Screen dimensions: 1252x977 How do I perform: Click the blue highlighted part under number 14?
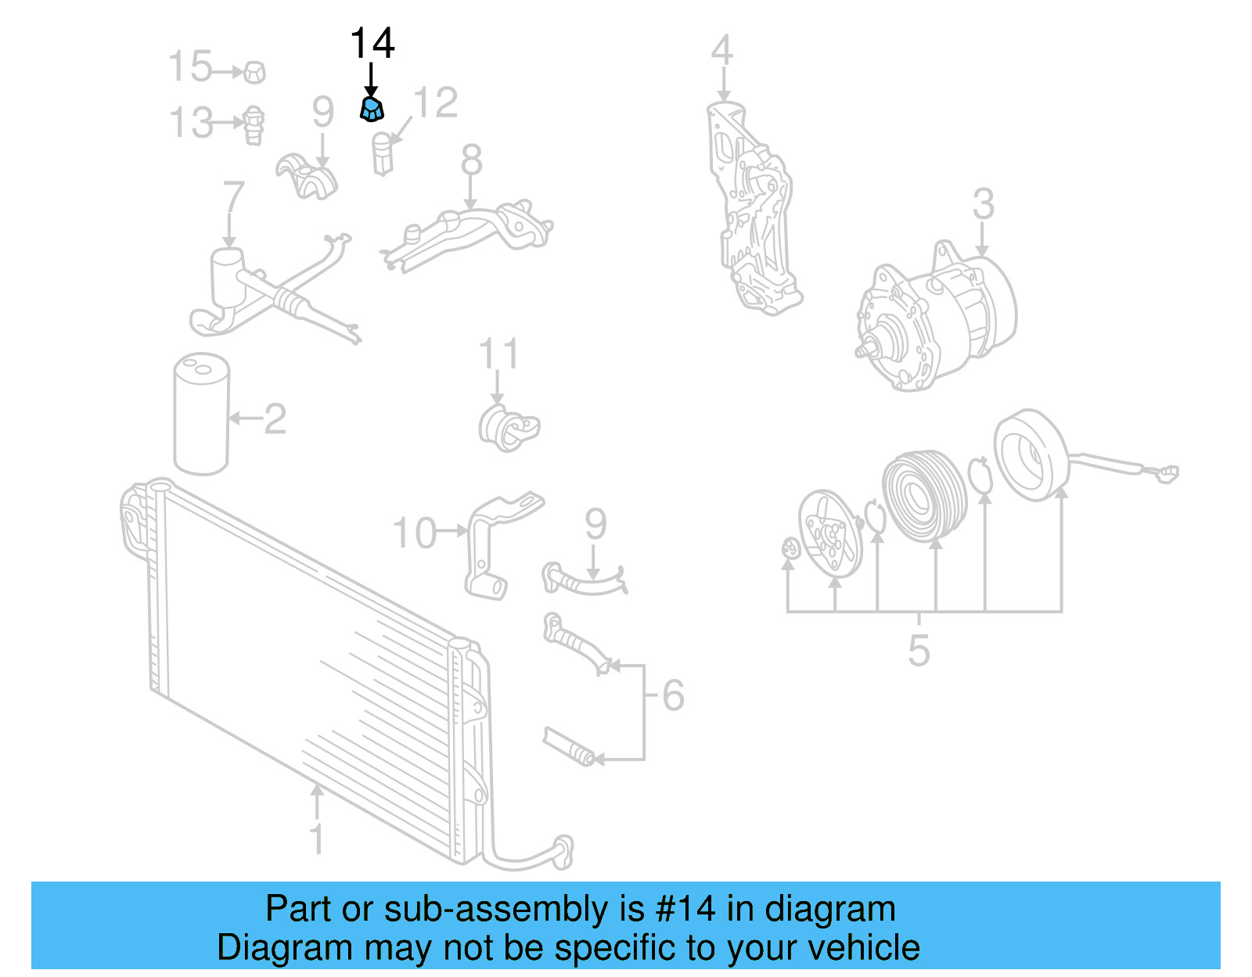[x=372, y=109]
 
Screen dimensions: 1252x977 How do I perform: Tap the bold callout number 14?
[x=372, y=43]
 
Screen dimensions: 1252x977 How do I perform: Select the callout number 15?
[x=191, y=66]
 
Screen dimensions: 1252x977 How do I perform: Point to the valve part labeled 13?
[x=254, y=125]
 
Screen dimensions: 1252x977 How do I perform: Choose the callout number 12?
[x=436, y=102]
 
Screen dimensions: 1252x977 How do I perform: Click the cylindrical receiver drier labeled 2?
[x=202, y=414]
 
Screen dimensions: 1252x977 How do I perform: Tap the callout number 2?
[x=275, y=418]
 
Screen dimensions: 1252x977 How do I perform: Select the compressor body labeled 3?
[x=936, y=317]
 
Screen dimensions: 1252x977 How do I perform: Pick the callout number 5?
[x=919, y=651]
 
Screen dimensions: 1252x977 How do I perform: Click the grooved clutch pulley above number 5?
[x=925, y=496]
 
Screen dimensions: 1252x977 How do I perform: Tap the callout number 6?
[x=673, y=695]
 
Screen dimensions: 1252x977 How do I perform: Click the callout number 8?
[x=471, y=160]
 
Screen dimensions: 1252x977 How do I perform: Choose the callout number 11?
[x=498, y=354]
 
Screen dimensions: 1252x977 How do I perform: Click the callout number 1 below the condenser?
[x=317, y=839]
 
